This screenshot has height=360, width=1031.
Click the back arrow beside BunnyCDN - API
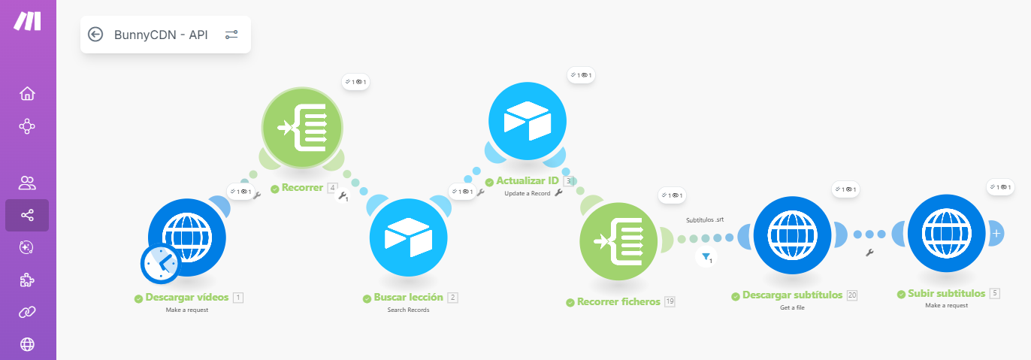point(95,35)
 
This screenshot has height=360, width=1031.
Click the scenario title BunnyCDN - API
point(161,35)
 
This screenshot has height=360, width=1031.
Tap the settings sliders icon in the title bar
point(231,35)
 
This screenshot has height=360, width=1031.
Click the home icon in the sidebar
point(27,94)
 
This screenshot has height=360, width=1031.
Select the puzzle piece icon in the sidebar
point(27,280)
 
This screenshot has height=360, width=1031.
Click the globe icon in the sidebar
point(27,344)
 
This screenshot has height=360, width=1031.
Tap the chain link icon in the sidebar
point(27,312)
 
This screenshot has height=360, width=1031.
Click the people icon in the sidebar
point(27,183)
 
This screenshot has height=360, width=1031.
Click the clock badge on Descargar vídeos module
point(160,264)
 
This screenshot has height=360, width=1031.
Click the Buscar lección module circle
point(409,238)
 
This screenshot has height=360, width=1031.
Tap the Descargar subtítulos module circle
point(793,235)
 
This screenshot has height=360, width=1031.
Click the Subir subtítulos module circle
point(947,234)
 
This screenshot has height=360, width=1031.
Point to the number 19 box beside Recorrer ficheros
point(670,301)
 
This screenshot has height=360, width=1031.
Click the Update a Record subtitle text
point(528,193)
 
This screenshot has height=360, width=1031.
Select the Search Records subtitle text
point(408,310)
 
